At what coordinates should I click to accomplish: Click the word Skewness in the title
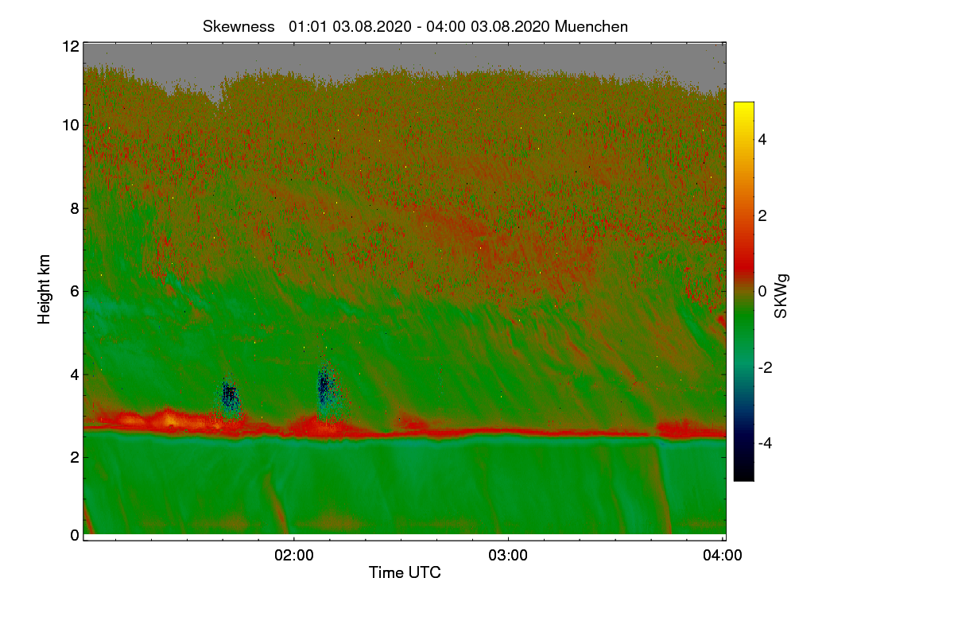(x=238, y=26)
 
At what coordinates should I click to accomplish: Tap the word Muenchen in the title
(x=591, y=26)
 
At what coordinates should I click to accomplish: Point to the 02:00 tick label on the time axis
(x=294, y=556)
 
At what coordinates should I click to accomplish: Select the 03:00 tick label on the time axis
(x=508, y=556)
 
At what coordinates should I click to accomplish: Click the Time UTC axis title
(x=405, y=572)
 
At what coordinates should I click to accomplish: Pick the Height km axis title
(x=45, y=289)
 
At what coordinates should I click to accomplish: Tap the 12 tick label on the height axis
(x=70, y=46)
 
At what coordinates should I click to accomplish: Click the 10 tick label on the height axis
(x=70, y=125)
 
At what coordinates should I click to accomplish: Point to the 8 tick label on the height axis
(x=74, y=208)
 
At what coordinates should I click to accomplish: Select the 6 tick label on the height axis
(x=74, y=291)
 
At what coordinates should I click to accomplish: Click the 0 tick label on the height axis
(x=74, y=535)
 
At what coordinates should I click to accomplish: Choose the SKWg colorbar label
(x=781, y=296)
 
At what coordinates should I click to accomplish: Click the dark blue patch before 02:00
(x=230, y=394)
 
